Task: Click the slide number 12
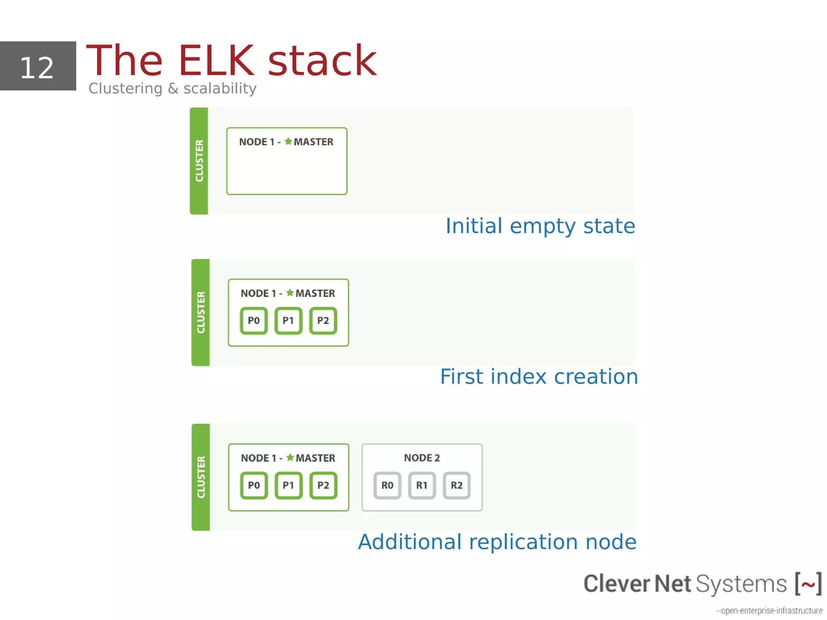tap(37, 68)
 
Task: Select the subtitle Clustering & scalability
tap(172, 88)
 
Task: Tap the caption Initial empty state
tap(540, 226)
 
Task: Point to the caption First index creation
tap(539, 376)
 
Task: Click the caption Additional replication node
tap(497, 542)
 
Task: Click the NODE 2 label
tap(422, 458)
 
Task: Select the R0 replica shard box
tap(387, 485)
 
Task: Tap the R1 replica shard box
tap(422, 485)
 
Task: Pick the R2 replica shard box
tap(457, 485)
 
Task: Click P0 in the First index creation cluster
tap(254, 321)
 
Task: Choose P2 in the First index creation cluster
tap(323, 321)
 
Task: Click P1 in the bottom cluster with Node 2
tap(288, 485)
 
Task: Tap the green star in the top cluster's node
tap(288, 141)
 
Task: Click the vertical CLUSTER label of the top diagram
tap(199, 161)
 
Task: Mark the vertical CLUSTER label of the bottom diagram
tap(201, 477)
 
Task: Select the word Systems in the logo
tap(741, 584)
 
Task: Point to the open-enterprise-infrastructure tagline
tap(769, 610)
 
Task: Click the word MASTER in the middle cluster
tap(315, 293)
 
